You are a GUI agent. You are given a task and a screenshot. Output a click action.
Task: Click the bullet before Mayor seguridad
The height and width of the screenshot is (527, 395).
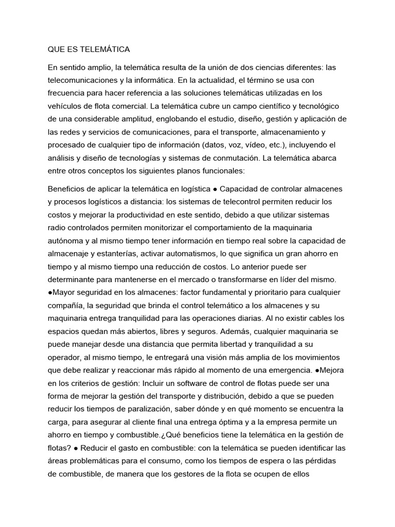(50, 292)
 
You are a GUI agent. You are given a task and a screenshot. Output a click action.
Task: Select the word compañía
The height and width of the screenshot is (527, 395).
(65, 305)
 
